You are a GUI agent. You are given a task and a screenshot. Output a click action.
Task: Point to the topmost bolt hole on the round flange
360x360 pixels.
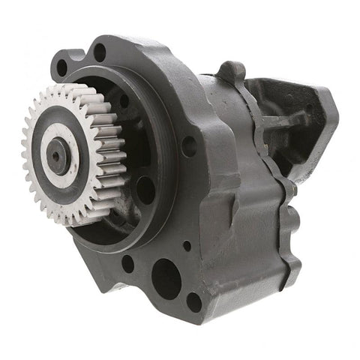[100, 53]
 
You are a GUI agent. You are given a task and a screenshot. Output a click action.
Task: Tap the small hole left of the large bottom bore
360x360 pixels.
[128, 263]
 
